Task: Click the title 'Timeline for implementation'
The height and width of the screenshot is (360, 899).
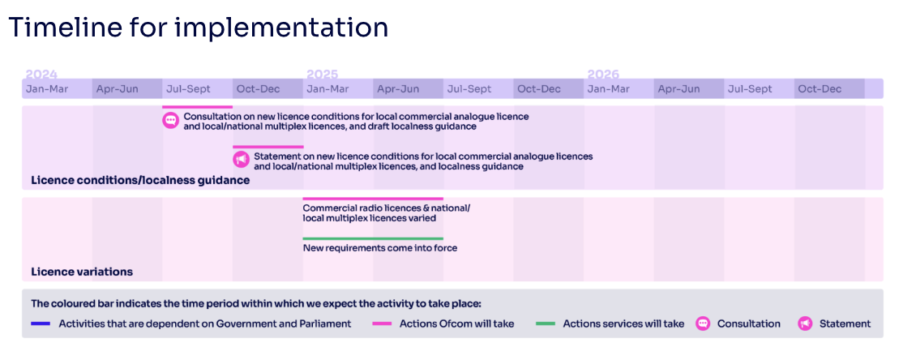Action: point(199,27)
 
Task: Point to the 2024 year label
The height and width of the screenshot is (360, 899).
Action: point(41,75)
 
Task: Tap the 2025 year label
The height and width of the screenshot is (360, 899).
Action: point(322,75)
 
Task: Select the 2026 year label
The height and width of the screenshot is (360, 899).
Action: point(603,75)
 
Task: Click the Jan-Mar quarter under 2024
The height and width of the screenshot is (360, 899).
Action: point(47,89)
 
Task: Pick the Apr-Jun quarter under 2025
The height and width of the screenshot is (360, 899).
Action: point(398,89)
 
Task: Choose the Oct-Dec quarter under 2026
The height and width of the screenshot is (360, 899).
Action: point(820,89)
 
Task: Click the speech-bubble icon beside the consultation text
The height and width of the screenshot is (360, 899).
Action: point(170,120)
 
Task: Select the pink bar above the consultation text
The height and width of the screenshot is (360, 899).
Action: point(197,107)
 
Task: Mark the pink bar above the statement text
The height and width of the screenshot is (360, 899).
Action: point(268,148)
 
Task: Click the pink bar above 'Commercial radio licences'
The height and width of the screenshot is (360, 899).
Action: point(373,199)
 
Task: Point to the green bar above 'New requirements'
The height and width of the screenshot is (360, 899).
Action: point(373,238)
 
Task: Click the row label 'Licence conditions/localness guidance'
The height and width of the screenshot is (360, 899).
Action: point(140,181)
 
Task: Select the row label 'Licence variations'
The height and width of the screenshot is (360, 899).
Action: point(82,272)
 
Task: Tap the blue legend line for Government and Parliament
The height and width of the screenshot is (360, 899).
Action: point(41,324)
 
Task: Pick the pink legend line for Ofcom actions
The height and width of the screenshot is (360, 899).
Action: point(383,324)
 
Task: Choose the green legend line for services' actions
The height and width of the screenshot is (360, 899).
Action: point(546,324)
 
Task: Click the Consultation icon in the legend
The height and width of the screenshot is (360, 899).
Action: point(702,324)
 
